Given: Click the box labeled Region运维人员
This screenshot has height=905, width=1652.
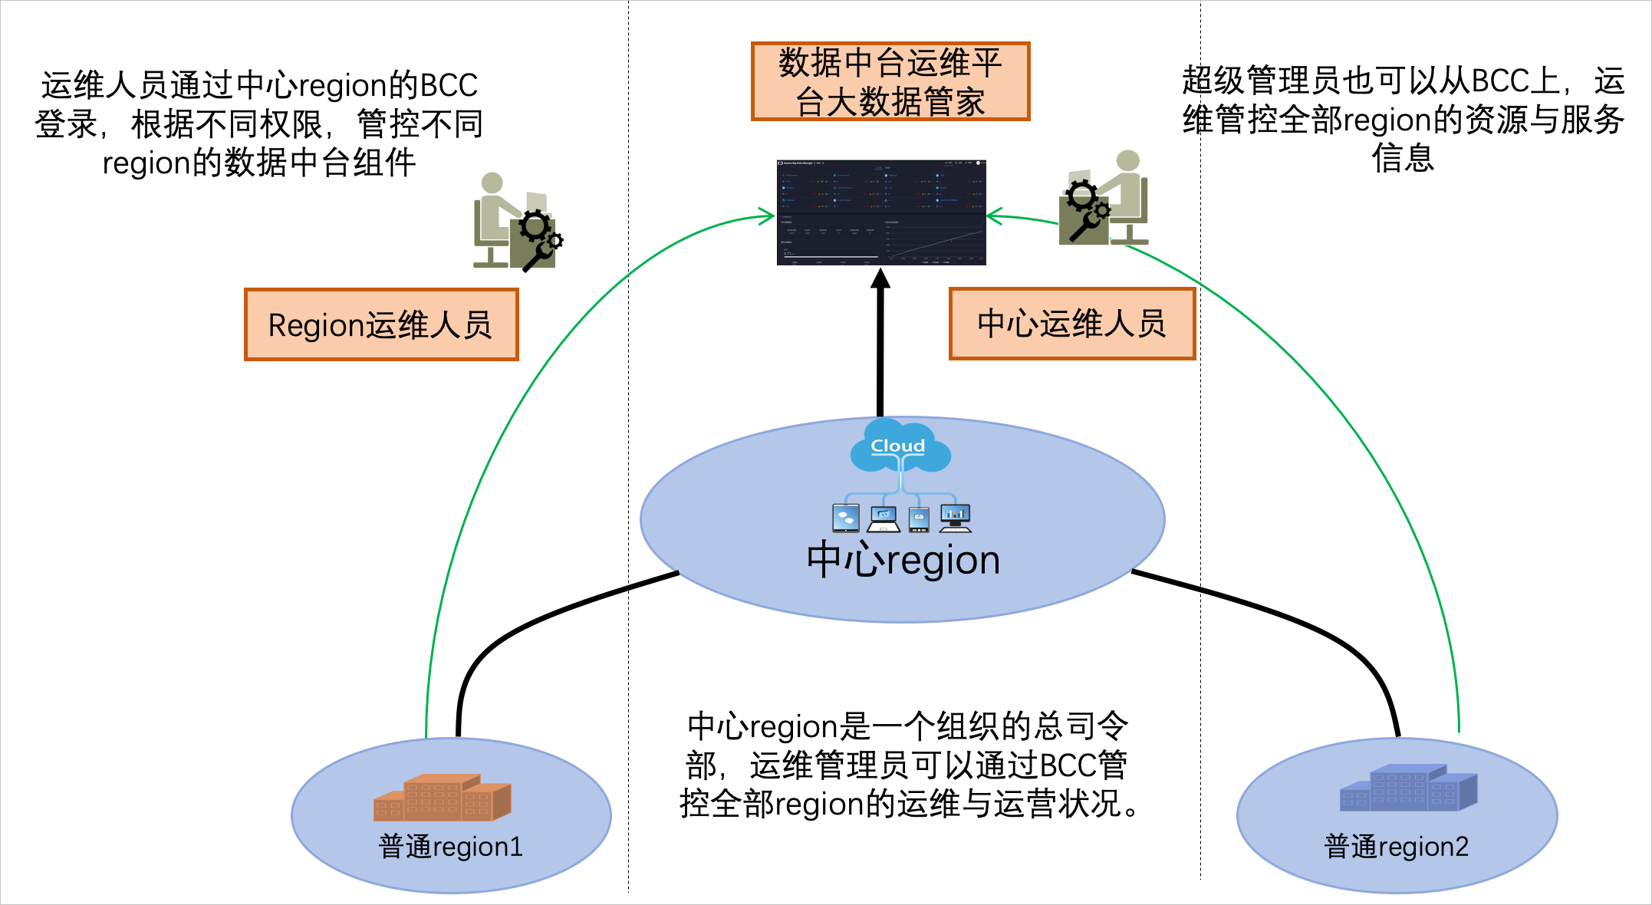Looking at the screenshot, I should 381,324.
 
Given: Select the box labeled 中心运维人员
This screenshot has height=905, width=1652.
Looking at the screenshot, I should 1071,323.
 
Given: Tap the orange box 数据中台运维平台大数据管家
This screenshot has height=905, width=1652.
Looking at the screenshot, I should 890,81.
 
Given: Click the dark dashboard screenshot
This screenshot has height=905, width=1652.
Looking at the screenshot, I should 880,212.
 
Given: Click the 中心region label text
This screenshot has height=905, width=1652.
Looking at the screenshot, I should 903,560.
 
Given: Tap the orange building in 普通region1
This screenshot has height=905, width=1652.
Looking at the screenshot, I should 442,798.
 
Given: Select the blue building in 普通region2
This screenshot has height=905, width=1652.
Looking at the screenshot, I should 1407,788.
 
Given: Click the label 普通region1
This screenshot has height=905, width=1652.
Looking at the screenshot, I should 450,847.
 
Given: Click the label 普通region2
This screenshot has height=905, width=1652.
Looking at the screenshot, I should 1396,847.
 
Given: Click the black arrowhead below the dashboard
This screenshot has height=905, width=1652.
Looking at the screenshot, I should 880,278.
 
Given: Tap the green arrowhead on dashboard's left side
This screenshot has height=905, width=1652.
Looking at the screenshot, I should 767,216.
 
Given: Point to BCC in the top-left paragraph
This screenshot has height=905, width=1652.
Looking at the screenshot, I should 449,85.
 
